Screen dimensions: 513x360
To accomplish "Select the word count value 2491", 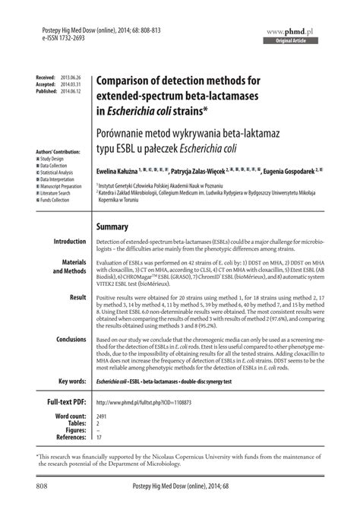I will pyautogui.click(x=103, y=418).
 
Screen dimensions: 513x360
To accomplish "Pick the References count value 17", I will pyautogui.click(x=99, y=439).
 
